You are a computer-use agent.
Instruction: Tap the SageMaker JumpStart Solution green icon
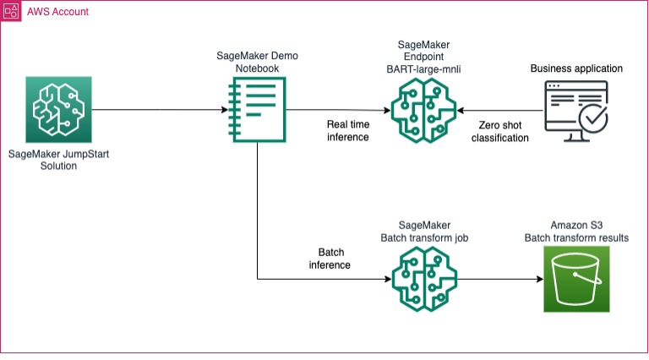[58, 110]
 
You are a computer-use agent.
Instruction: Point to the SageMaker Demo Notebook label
[257, 61]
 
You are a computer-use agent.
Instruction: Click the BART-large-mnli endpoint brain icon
[425, 110]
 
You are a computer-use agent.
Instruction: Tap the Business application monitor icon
[576, 110]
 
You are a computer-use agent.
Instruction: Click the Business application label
[575, 68]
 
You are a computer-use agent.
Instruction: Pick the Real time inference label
[348, 131]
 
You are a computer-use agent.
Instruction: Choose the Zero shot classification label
[498, 131]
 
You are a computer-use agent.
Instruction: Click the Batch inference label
[330, 259]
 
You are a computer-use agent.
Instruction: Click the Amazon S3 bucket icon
[575, 279]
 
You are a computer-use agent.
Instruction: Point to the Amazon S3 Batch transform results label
[576, 232]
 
